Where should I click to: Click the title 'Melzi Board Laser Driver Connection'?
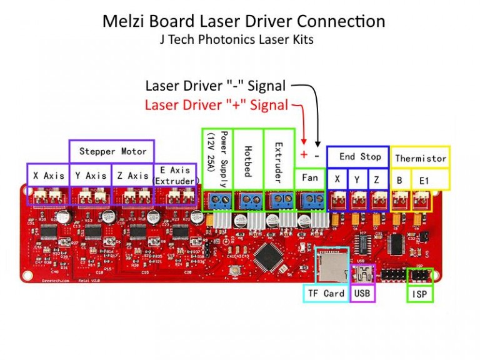[243, 21]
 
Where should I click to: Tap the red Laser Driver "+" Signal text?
[216, 104]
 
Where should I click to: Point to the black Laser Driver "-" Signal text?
[216, 86]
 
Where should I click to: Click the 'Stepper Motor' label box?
[112, 151]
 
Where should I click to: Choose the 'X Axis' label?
[49, 176]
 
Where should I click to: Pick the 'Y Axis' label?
[91, 176]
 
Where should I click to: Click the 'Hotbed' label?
[248, 161]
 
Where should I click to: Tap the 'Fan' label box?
[310, 178]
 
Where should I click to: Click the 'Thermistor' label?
[421, 158]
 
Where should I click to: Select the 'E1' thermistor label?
[424, 181]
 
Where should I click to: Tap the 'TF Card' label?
[325, 293]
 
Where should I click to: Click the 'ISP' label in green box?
[419, 293]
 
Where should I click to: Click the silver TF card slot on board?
[332, 266]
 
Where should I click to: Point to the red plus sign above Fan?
[304, 154]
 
